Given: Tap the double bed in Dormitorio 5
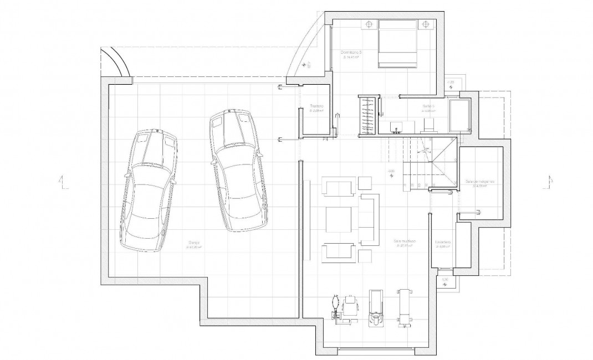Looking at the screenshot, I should pyautogui.click(x=397, y=43).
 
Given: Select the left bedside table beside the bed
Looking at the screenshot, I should pyautogui.click(x=370, y=24).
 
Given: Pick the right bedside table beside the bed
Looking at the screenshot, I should pyautogui.click(x=425, y=24).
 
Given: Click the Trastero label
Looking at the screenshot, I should pyautogui.click(x=316, y=106).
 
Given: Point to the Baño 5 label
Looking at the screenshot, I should pyautogui.click(x=429, y=106).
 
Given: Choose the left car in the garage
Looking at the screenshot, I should pyautogui.click(x=149, y=190).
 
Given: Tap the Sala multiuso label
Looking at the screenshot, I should pyautogui.click(x=405, y=241).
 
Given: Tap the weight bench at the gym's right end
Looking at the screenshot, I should pyautogui.click(x=403, y=305).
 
